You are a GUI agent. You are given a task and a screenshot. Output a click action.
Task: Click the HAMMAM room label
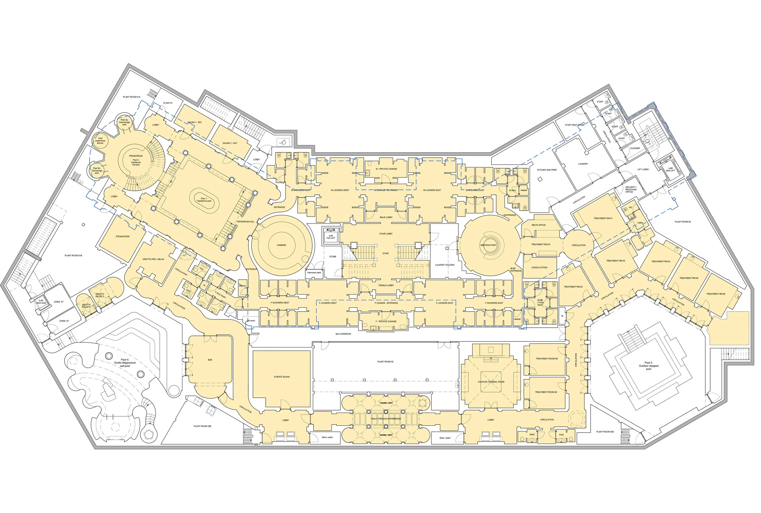click(281, 245)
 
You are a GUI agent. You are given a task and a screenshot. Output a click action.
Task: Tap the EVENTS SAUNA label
click(282, 377)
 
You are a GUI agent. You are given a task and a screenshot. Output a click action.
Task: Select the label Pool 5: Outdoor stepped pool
click(648, 366)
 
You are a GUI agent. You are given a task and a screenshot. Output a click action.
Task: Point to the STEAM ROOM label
click(122, 236)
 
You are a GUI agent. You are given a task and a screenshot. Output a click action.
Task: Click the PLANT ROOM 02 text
click(385, 362)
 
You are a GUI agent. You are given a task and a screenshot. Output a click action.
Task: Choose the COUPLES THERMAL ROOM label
click(491, 382)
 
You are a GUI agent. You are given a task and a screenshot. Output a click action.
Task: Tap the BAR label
click(210, 360)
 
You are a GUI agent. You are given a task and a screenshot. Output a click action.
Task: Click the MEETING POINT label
click(488, 245)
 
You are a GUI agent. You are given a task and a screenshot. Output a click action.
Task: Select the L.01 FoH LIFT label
click(331, 237)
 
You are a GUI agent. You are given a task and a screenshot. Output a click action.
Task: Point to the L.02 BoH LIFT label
click(670, 169)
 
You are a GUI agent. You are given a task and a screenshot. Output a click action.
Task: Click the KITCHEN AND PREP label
click(547, 170)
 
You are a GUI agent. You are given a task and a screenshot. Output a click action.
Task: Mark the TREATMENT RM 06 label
click(716, 294)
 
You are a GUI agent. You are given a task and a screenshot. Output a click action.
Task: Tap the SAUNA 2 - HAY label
click(230, 143)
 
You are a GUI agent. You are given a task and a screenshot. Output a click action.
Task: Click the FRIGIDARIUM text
click(135, 156)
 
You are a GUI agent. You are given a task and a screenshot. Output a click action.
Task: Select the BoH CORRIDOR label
click(343, 334)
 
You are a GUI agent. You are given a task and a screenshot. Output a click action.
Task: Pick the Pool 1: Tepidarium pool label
click(204, 200)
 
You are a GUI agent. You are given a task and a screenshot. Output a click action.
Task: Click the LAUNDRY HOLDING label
click(444, 265)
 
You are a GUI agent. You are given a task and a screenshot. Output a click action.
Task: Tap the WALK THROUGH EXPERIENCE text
click(386, 419)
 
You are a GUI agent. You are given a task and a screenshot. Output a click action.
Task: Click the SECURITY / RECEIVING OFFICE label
click(631, 190)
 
